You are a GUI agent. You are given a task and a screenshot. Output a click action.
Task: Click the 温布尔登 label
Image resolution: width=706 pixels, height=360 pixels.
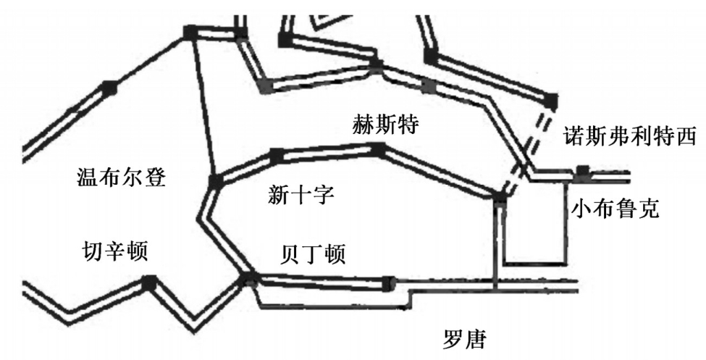(121, 177)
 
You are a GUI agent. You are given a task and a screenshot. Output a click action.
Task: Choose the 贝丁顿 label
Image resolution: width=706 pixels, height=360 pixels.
(313, 254)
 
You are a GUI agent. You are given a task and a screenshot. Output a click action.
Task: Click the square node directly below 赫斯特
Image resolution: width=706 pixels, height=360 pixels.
(378, 149)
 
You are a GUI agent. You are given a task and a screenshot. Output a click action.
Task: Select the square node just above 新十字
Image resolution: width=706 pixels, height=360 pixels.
(276, 154)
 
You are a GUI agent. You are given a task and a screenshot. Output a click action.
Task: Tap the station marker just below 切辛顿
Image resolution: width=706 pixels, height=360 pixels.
(149, 282)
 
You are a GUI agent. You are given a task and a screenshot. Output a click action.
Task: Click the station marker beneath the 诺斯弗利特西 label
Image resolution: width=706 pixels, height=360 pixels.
(583, 172)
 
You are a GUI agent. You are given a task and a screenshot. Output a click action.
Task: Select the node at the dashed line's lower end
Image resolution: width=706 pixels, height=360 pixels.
(500, 198)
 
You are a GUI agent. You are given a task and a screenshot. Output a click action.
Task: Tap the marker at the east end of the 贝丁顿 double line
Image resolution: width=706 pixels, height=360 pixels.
(390, 282)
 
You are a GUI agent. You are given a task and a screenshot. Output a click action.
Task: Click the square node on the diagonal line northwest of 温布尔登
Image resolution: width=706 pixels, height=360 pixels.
(109, 88)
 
